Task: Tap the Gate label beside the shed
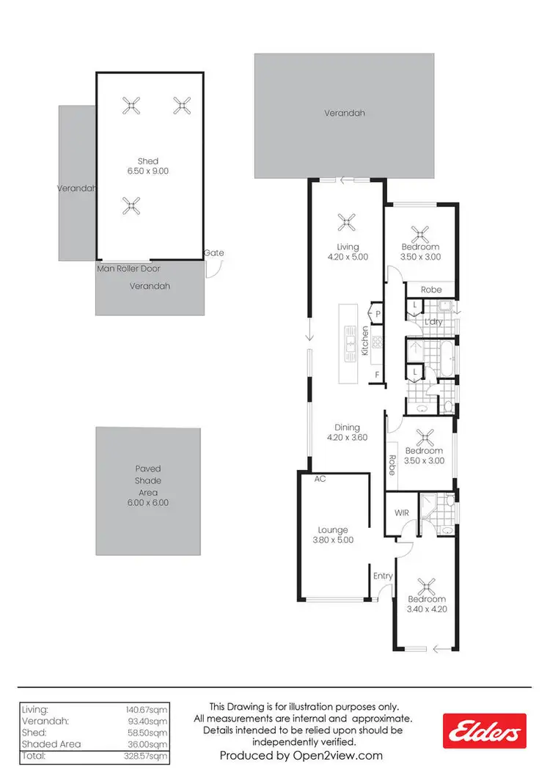point(214,253)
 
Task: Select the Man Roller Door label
point(129,268)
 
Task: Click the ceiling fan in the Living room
point(346,221)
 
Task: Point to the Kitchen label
point(364,342)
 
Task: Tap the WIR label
point(401,513)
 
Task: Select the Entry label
point(383,576)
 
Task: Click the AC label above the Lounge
point(320,479)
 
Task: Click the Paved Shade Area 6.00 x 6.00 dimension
point(147,503)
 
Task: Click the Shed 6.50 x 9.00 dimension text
point(147,171)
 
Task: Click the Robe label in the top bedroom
point(431,290)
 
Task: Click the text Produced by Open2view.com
point(301,755)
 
